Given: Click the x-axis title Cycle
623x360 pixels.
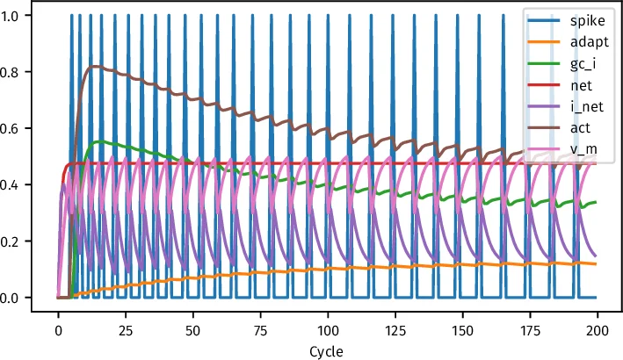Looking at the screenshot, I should pyautogui.click(x=327, y=349).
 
